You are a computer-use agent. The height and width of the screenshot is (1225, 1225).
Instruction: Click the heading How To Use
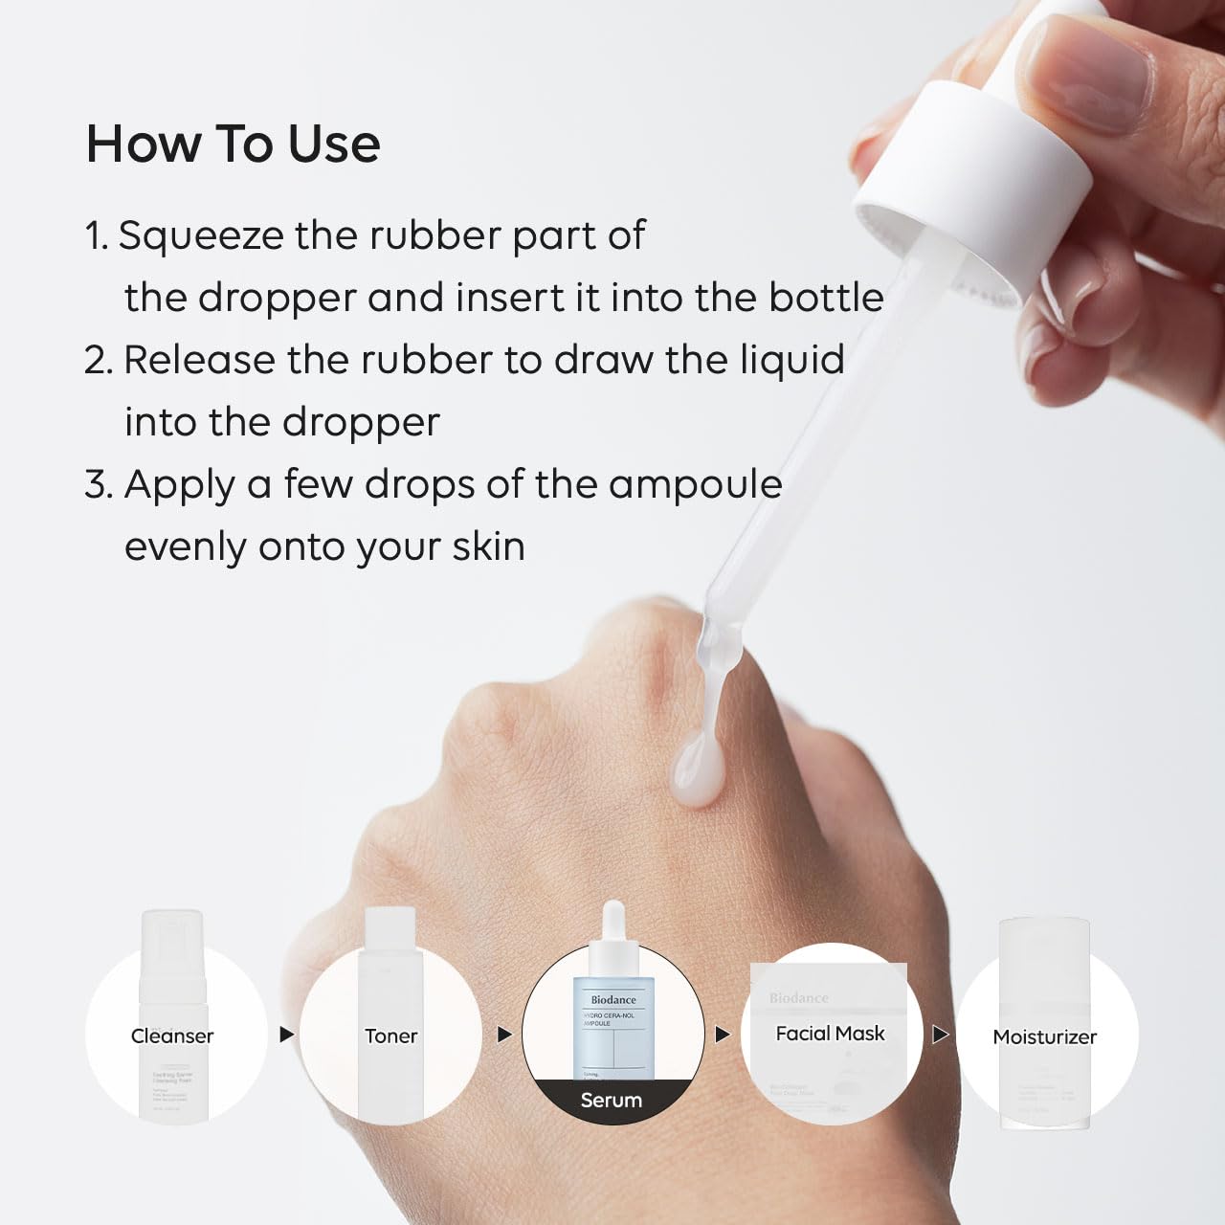point(233,144)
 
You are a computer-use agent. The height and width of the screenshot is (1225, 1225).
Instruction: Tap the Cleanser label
point(172,1036)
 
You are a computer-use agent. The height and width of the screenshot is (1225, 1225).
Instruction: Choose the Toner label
point(390,1036)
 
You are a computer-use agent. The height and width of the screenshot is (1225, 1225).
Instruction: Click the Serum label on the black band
point(612,1101)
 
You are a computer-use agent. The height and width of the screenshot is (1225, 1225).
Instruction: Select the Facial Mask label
point(830,1034)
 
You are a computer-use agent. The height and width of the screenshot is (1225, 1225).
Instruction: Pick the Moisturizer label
point(1045,1036)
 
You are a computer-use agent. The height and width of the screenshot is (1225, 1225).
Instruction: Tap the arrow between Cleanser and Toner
point(286,1035)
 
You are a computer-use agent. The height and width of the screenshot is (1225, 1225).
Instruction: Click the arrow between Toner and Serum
point(504,1035)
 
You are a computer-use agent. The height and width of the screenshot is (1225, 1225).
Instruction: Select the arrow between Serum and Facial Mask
point(723,1035)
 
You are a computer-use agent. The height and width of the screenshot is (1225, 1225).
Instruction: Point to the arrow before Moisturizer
point(941,1035)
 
